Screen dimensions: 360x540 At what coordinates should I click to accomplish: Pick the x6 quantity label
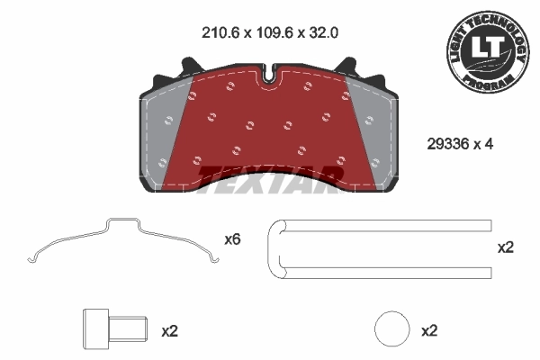pyautogui.click(x=232, y=240)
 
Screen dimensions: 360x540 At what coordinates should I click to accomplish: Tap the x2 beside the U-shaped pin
pyautogui.click(x=505, y=247)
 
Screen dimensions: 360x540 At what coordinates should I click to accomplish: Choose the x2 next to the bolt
pyautogui.click(x=168, y=331)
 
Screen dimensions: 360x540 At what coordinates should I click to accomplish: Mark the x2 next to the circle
pyautogui.click(x=428, y=331)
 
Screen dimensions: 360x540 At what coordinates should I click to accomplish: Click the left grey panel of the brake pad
pyautogui.click(x=164, y=135)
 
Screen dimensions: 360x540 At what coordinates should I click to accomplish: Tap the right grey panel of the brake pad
pyautogui.click(x=374, y=135)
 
